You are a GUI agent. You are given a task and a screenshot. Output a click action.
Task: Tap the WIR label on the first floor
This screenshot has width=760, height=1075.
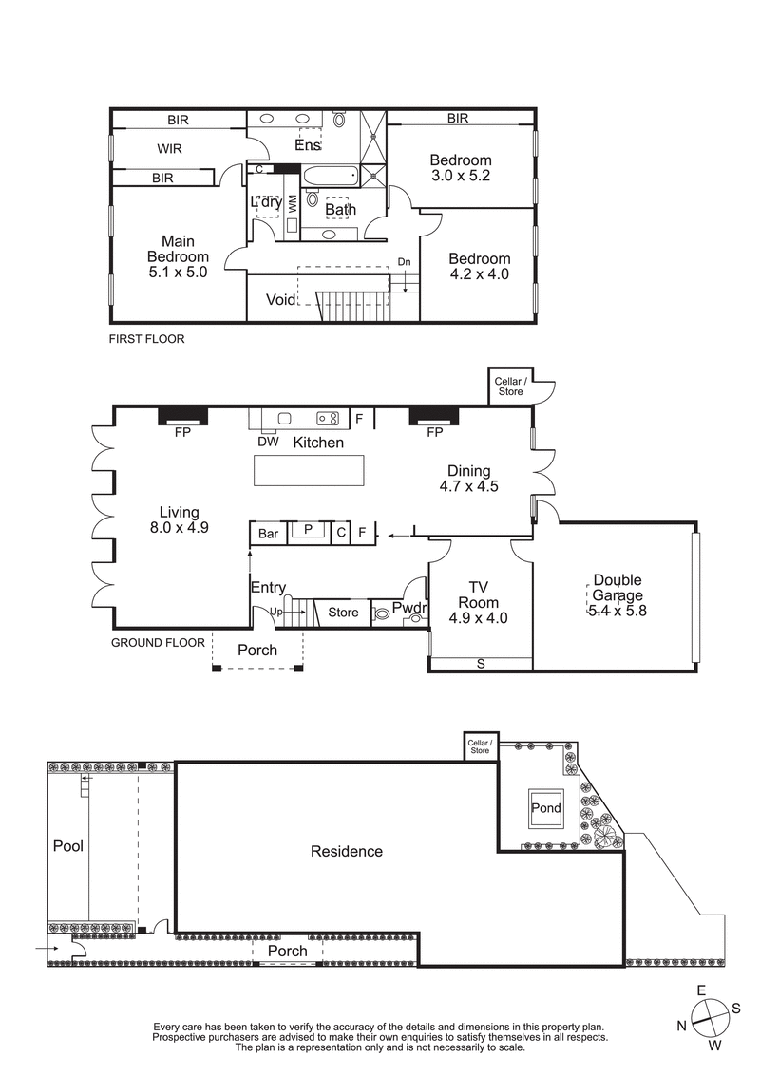169,149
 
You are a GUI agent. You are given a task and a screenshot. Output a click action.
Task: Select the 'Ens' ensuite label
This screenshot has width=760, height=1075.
307,145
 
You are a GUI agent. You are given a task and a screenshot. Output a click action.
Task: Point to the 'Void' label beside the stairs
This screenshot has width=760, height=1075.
280,300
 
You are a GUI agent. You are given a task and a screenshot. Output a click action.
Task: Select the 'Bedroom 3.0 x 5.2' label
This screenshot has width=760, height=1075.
460,168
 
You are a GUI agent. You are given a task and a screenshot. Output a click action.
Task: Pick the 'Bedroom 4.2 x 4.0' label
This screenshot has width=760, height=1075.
480,266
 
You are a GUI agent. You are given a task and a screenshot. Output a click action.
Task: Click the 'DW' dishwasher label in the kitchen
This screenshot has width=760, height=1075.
267,441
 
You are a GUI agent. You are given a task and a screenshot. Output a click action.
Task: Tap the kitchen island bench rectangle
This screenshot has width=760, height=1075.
308,470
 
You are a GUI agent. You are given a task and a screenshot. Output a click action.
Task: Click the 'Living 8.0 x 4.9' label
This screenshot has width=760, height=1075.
179,520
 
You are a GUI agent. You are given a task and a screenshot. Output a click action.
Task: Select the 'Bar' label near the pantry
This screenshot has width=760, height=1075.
269,534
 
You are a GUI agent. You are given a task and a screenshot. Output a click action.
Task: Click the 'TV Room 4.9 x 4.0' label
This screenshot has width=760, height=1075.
478,602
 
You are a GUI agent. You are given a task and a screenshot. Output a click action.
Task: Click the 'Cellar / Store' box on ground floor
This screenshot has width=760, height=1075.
507,387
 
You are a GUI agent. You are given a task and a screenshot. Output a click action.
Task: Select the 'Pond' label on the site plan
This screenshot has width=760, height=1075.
546,809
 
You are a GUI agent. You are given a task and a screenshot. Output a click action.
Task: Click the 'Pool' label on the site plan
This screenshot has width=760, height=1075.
68,845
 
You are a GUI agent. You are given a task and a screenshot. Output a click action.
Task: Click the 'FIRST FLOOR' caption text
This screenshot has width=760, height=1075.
146,339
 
